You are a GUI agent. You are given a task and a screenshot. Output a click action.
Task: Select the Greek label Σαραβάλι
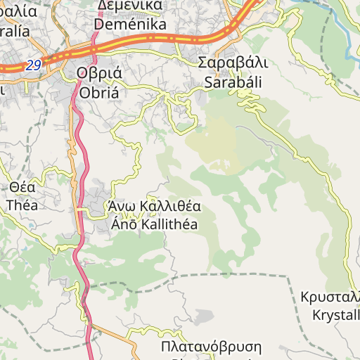(233, 63)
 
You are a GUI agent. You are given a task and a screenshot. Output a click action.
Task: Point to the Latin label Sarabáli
(233, 82)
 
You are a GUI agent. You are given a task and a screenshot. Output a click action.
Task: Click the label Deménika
(130, 25)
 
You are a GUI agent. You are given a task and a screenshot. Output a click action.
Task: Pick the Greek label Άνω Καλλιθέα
(155, 207)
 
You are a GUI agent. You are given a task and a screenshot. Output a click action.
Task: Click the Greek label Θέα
(22, 188)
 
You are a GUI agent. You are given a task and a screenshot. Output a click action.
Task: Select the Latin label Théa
(22, 205)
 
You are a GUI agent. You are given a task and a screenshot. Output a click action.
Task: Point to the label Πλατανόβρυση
(211, 347)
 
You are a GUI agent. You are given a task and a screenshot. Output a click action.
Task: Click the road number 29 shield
(33, 65)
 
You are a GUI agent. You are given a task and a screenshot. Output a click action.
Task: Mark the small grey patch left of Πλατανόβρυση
(203, 316)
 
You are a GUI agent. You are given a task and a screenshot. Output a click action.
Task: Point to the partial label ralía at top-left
(14, 31)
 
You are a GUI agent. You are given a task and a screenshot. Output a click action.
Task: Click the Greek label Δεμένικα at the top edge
(130, 6)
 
